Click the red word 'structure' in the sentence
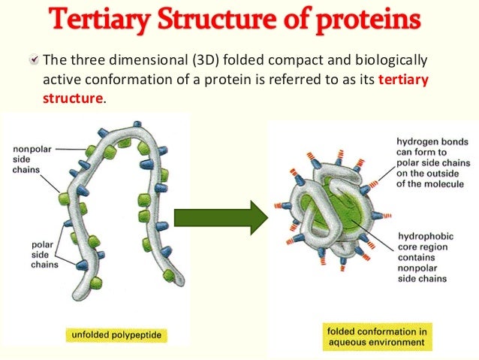[73, 97]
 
